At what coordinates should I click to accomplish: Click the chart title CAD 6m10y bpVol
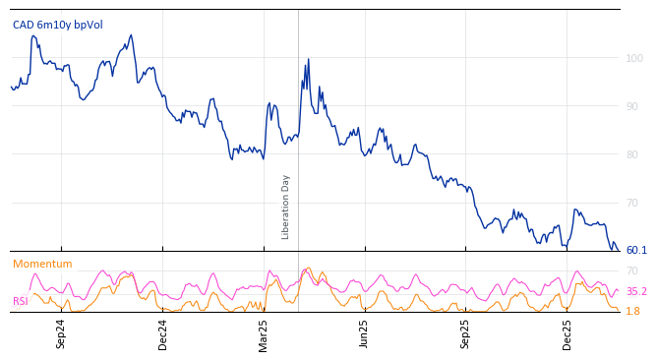(x=57, y=25)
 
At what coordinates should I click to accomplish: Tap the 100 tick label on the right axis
(x=634, y=58)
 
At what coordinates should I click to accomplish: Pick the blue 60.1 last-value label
(x=636, y=250)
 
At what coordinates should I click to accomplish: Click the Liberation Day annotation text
(x=286, y=207)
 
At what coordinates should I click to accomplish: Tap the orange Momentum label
(x=42, y=264)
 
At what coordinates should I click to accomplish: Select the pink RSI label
(x=20, y=301)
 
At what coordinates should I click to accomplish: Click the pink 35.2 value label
(x=636, y=291)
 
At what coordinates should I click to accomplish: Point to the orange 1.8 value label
(x=632, y=311)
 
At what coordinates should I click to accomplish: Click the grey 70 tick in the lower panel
(x=632, y=270)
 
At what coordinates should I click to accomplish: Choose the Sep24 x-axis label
(x=61, y=333)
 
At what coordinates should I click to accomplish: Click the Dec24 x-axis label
(x=163, y=333)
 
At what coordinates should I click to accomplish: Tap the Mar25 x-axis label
(x=264, y=333)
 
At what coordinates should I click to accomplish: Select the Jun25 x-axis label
(x=364, y=333)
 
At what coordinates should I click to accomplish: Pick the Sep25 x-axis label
(x=466, y=333)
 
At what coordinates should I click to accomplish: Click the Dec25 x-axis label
(x=567, y=333)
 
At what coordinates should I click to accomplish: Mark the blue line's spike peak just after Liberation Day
(x=308, y=59)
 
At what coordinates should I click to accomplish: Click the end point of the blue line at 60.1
(x=619, y=250)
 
